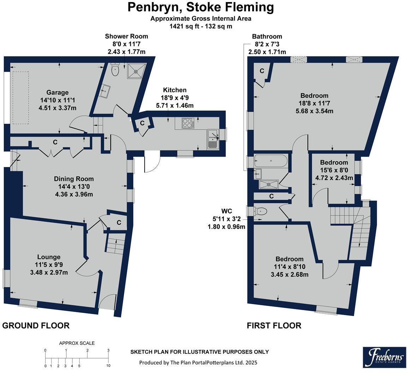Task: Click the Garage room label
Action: (57, 92)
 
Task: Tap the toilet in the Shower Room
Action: (115, 70)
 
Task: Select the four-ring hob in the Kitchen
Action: (187, 123)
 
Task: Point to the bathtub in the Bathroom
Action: (271, 161)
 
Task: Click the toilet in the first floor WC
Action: (259, 211)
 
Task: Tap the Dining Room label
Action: (74, 179)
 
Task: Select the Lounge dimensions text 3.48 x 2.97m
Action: (49, 272)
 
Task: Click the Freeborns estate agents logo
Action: (385, 357)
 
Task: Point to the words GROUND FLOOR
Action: (36, 325)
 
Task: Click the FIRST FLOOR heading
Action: (274, 325)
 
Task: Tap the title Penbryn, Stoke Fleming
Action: (201, 7)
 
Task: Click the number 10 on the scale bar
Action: (108, 366)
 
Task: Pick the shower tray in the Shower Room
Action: (136, 71)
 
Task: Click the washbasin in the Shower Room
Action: (106, 91)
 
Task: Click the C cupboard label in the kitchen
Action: (142, 123)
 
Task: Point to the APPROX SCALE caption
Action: (77, 343)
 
